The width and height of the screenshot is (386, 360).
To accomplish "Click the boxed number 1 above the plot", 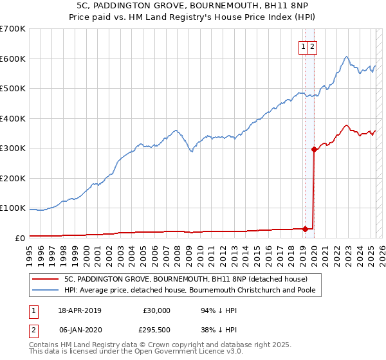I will [x=303, y=46].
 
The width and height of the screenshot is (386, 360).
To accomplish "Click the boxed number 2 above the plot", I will [x=312, y=46].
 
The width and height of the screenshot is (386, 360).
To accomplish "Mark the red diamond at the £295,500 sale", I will [x=314, y=149].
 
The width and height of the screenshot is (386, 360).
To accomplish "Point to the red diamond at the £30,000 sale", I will [x=305, y=228].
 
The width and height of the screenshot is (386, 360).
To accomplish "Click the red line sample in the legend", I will [x=45, y=279].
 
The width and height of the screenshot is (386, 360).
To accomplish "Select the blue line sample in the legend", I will [x=45, y=290].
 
